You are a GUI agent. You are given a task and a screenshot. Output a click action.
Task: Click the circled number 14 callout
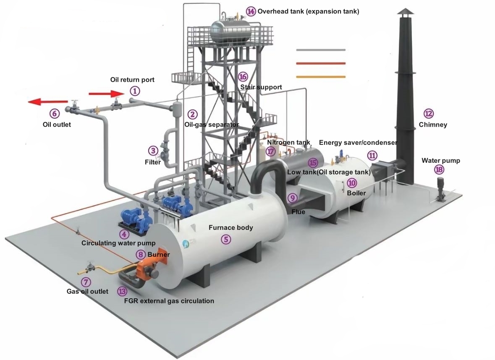coord(251,11)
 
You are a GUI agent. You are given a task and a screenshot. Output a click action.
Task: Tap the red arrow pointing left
coord(47,102)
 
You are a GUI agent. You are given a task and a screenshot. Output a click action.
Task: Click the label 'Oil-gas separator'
coord(212,125)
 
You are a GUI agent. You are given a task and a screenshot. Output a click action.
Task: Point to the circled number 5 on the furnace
coord(226,240)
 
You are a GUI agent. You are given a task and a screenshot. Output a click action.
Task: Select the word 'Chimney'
coord(433,125)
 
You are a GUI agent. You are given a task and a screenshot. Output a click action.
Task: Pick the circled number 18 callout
coord(439,170)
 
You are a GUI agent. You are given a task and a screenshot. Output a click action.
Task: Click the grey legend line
coord(321,50)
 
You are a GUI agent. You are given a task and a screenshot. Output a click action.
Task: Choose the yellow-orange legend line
coord(321,77)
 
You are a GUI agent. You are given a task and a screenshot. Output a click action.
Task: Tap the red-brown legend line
coord(321,63)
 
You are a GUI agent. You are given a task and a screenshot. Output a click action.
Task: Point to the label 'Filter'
coord(153,162)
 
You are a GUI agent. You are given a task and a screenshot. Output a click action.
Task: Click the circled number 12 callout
coord(429,113)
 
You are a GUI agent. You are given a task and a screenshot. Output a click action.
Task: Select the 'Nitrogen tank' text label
coord(288,143)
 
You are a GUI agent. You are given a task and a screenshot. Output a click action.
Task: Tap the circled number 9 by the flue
coord(293,198)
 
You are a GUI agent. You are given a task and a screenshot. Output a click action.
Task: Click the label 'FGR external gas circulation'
coord(169,301)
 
